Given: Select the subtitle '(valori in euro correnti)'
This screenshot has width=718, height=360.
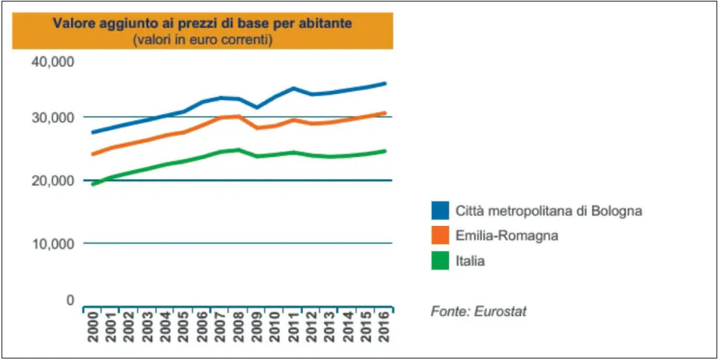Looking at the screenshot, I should coord(202,39).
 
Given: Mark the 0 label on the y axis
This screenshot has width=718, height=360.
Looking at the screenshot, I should coord(69,300).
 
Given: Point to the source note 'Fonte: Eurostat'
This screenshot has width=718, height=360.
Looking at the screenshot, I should coord(479,311).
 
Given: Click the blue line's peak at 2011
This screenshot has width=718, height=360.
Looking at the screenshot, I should coord(294,88).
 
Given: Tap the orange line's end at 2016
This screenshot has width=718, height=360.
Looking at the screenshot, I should coord(385,113).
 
